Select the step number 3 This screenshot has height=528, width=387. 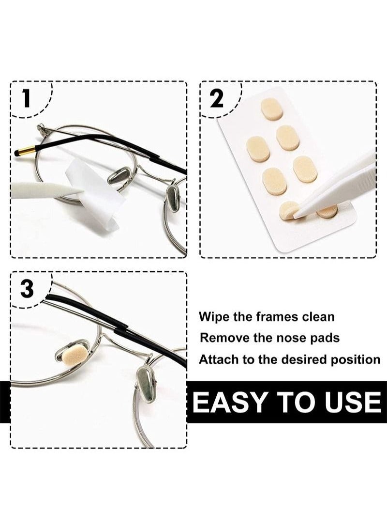pyautogui.click(x=27, y=289)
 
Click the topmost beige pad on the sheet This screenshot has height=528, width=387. pyautogui.click(x=272, y=109)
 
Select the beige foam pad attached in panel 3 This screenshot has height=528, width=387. pyautogui.click(x=74, y=355)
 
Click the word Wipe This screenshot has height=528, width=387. pyautogui.click(x=212, y=317)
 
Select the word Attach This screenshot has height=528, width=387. pyautogui.click(x=217, y=359)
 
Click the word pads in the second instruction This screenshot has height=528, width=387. pyautogui.click(x=327, y=338)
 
